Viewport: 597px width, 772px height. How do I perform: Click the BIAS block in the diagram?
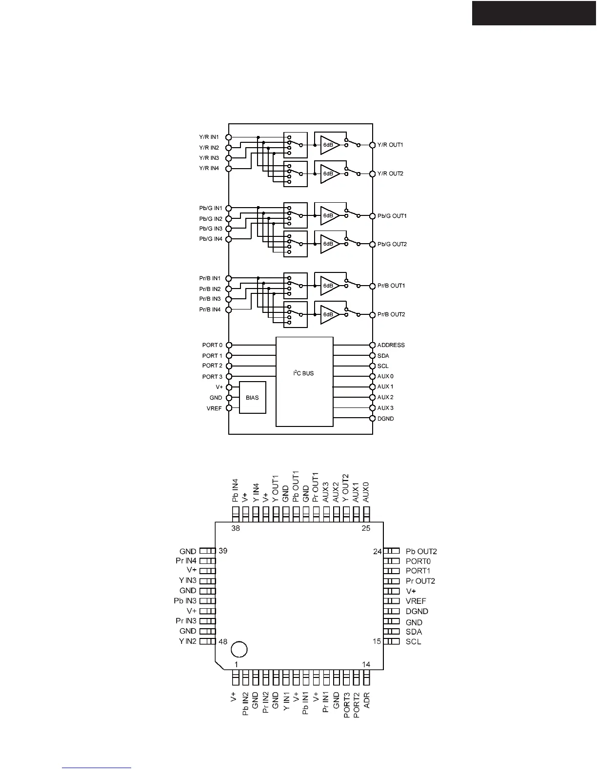(252, 398)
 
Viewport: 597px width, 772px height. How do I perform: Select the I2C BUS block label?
(303, 373)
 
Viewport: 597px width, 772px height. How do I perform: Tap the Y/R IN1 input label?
(209, 137)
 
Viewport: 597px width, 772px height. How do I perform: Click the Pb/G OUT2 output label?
(392, 244)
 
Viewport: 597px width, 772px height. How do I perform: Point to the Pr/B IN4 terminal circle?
(228, 309)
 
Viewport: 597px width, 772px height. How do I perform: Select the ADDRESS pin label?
(391, 345)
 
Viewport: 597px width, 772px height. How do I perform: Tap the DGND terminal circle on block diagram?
(373, 419)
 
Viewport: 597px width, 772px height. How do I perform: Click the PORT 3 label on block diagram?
(212, 377)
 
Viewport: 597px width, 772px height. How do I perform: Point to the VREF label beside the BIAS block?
(214, 408)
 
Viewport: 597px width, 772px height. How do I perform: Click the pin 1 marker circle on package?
(239, 649)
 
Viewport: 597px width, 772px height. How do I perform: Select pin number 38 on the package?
(236, 528)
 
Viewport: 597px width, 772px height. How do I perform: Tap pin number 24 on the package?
(377, 552)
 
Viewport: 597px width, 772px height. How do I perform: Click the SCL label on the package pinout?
(413, 641)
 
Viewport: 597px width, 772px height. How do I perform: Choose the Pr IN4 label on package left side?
(186, 561)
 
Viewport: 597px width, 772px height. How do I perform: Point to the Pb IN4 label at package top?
(235, 491)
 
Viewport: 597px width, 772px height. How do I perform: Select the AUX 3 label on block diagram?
(385, 408)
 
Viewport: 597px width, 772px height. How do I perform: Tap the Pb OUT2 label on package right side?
(421, 552)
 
